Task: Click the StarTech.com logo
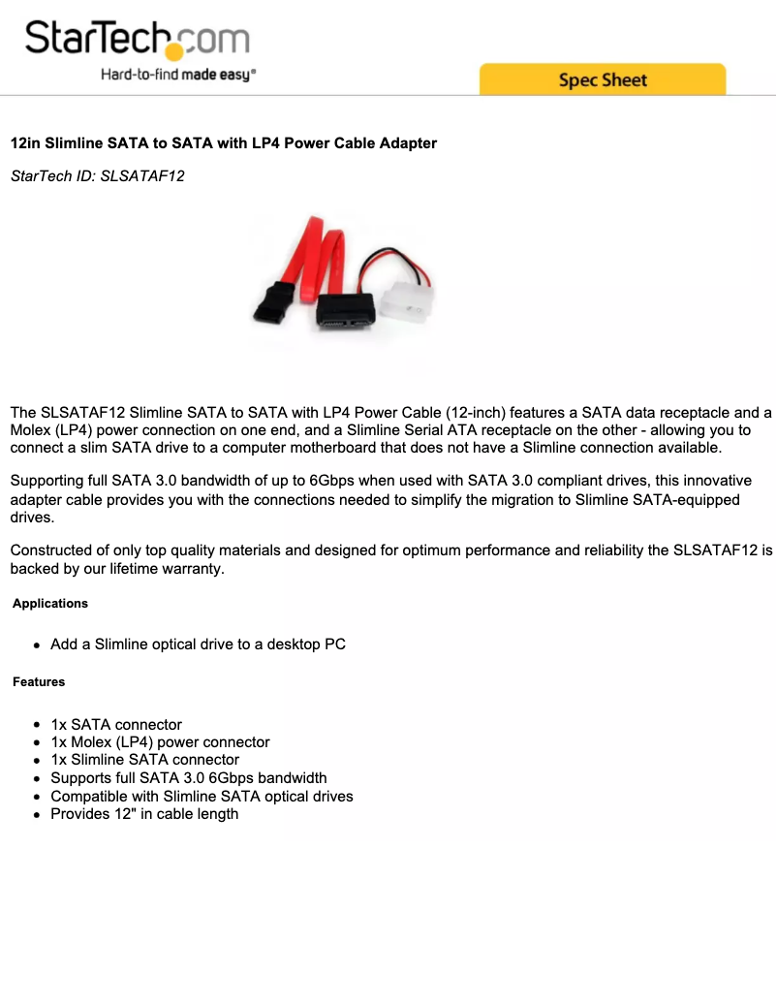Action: tap(137, 40)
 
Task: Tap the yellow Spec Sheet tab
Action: tap(602, 79)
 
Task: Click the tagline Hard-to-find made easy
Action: tap(178, 75)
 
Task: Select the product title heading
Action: tap(223, 143)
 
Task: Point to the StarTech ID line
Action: tap(97, 176)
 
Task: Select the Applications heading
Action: tap(50, 604)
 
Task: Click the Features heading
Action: tap(39, 682)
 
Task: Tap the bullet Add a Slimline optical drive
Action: tap(198, 644)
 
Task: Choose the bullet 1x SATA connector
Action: tap(116, 725)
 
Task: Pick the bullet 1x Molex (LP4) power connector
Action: tap(160, 742)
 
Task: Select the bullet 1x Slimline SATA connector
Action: tap(144, 760)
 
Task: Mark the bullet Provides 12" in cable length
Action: tap(144, 814)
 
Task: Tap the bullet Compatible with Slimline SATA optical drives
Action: tap(202, 797)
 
